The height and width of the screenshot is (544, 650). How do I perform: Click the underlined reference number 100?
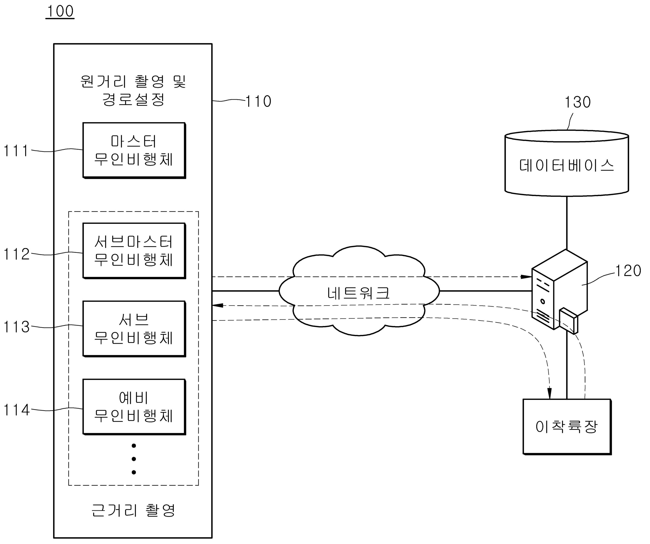pyautogui.click(x=60, y=11)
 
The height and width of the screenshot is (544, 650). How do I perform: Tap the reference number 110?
pyautogui.click(x=258, y=102)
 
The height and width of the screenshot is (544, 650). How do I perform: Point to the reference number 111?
pyautogui.click(x=15, y=151)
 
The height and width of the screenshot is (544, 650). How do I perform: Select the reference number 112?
pyautogui.click(x=16, y=254)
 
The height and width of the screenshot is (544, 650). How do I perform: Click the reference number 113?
pyautogui.click(x=16, y=327)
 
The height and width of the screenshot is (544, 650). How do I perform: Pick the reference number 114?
pyautogui.click(x=16, y=410)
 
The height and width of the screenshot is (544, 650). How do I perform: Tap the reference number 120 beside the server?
pyautogui.click(x=628, y=271)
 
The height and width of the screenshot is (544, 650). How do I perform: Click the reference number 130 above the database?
pyautogui.click(x=578, y=102)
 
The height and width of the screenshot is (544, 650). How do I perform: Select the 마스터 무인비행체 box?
pyautogui.click(x=134, y=150)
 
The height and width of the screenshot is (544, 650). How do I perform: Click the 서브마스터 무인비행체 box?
pyautogui.click(x=134, y=251)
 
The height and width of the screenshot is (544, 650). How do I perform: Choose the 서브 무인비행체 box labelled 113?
pyautogui.click(x=134, y=329)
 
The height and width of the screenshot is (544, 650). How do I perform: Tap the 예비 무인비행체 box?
pyautogui.click(x=134, y=407)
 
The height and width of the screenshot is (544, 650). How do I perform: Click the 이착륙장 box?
pyautogui.click(x=567, y=427)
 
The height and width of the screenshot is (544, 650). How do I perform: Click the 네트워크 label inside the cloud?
pyautogui.click(x=359, y=293)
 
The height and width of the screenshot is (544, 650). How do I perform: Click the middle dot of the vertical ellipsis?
pyautogui.click(x=134, y=459)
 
